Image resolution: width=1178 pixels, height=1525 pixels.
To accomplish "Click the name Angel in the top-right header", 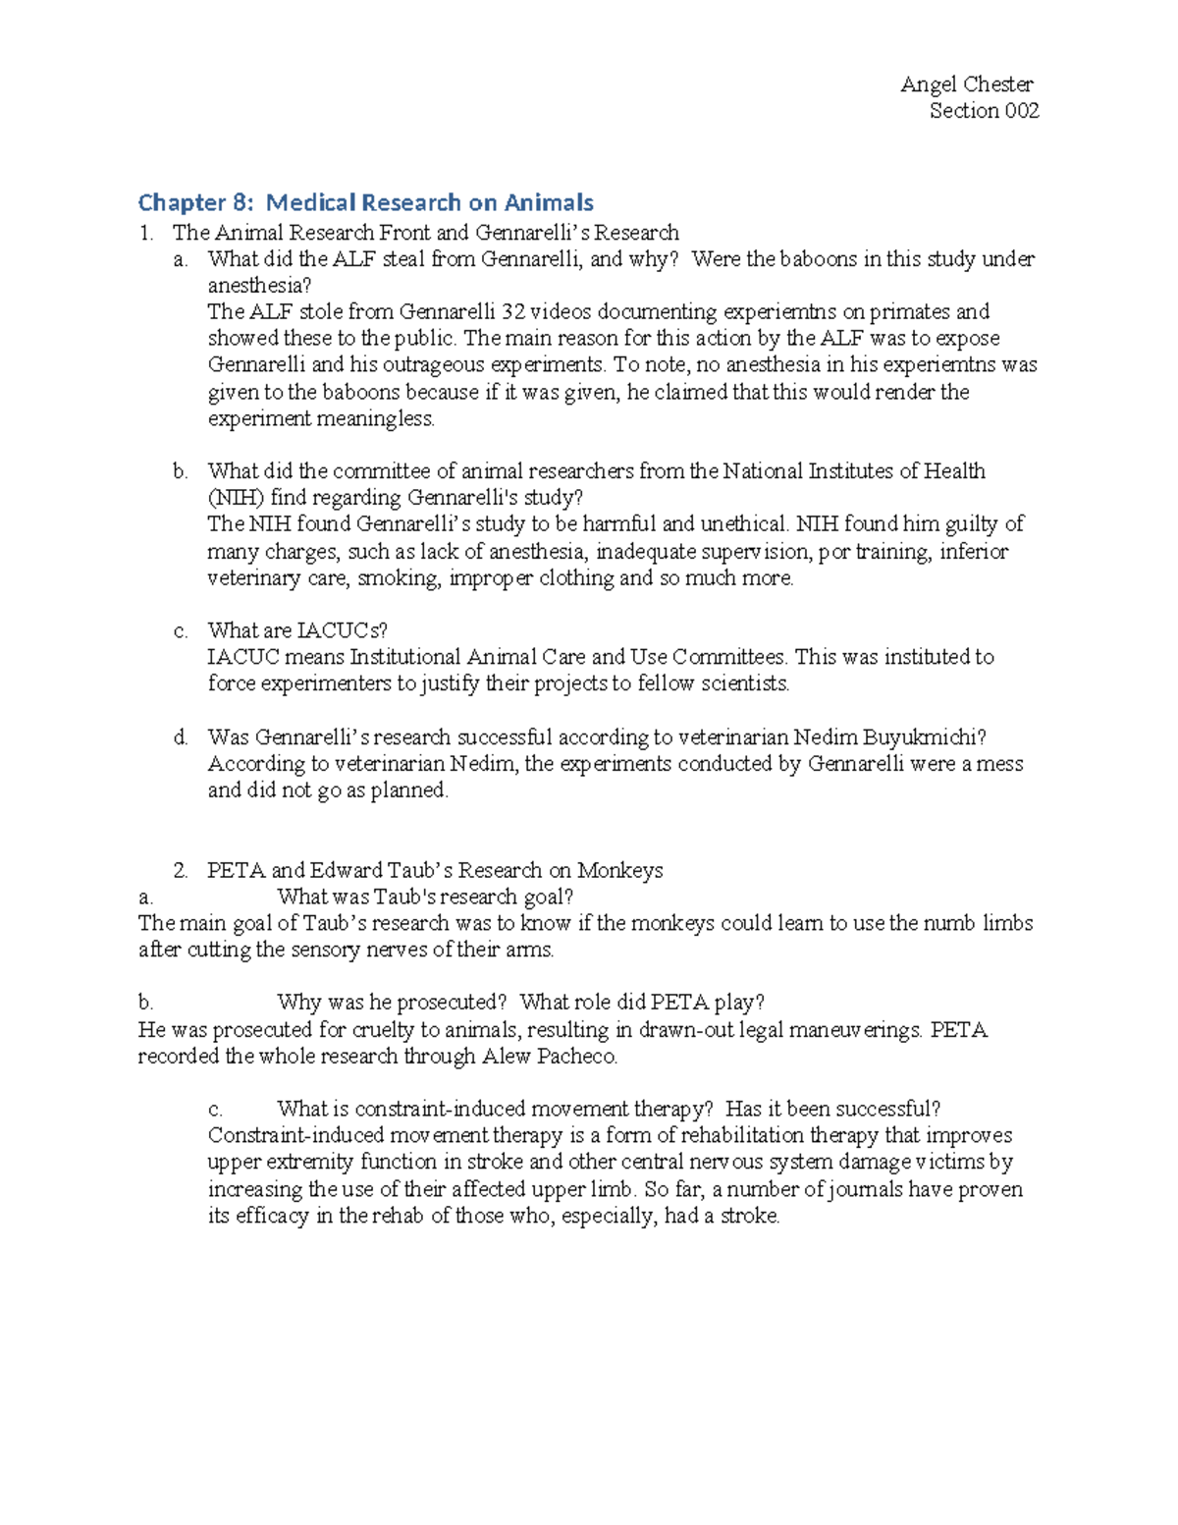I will click(928, 84).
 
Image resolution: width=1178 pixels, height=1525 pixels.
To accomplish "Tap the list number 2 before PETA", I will click(180, 870).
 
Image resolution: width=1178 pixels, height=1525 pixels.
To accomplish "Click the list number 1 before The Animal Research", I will click(146, 233).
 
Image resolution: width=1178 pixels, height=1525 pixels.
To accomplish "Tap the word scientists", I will click(744, 683).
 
